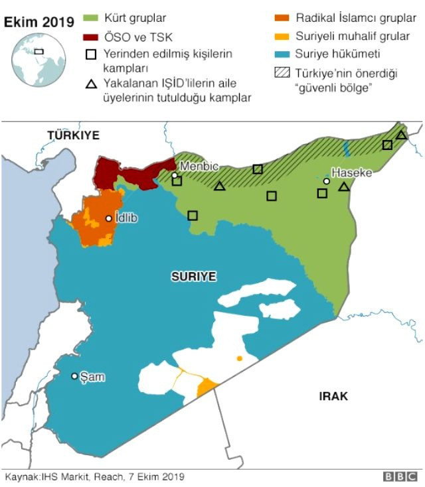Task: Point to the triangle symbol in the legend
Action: point(92,84)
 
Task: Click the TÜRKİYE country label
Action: point(73,135)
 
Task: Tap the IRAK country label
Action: point(333,396)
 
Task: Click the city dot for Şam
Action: point(74,376)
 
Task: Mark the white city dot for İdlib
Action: point(109,218)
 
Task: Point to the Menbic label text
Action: point(199,166)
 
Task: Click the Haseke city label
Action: point(352,173)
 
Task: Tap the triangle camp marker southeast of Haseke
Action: point(343,187)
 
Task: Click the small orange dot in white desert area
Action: point(240,358)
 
